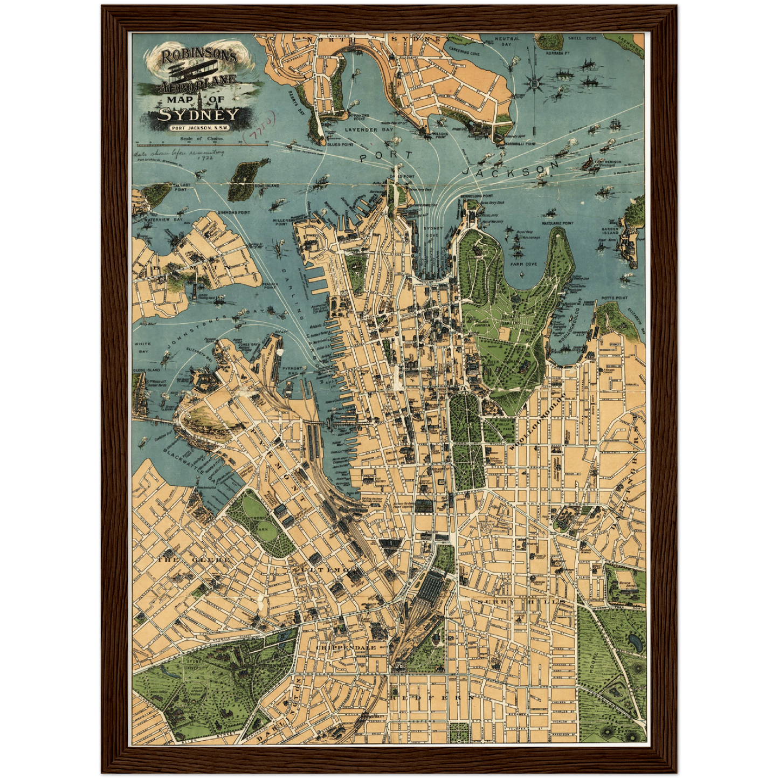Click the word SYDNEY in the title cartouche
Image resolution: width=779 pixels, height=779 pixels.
pos(198,114)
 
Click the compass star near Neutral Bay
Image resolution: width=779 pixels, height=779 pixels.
pos(534,83)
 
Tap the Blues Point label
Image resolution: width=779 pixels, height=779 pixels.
pos(340,144)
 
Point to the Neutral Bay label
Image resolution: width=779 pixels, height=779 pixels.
pos(507,41)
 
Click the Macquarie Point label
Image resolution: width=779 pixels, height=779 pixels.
pos(557,223)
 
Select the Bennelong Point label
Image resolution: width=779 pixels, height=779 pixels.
pos(477,196)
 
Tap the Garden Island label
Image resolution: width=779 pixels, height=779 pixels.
pos(610,231)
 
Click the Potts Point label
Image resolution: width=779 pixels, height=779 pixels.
pos(615,298)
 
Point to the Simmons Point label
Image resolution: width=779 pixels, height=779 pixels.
pos(234,212)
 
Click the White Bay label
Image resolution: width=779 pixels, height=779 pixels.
pos(143,347)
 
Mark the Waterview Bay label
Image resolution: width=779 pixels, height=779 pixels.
pos(153,220)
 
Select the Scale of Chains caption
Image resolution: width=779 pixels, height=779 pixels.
pos(202,139)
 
